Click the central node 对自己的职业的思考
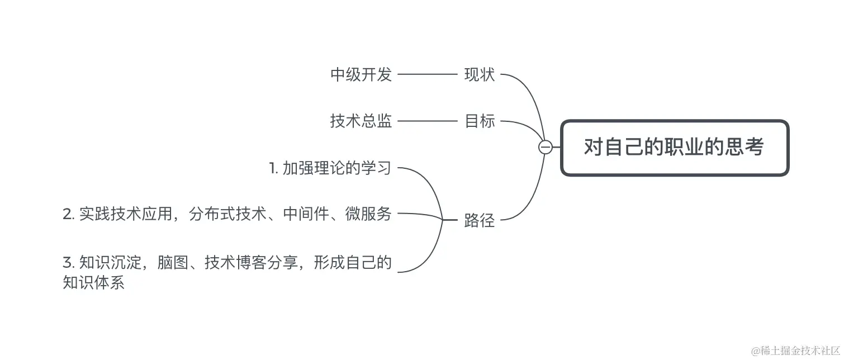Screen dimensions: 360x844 click(x=674, y=148)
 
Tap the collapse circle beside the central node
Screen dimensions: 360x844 click(x=545, y=147)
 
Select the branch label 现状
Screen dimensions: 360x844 click(x=480, y=74)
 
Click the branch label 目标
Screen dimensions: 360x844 click(x=480, y=121)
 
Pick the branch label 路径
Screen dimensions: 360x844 click(x=480, y=220)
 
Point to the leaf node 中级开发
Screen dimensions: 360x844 click(x=361, y=74)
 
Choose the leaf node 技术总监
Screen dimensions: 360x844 click(x=361, y=121)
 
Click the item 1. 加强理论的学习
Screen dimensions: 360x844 click(x=330, y=168)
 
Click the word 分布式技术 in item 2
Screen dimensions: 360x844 click(x=227, y=214)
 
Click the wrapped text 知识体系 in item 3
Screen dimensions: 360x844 click(x=93, y=282)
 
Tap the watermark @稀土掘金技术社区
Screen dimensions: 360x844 click(x=796, y=351)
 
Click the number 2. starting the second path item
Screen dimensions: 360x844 click(x=69, y=214)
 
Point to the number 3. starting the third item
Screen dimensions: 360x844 click(x=69, y=262)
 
